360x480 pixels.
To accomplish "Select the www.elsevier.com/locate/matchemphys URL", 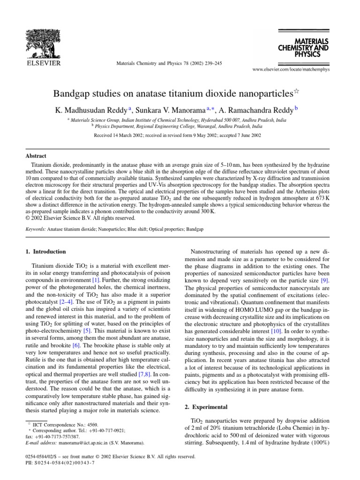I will point(291,69).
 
